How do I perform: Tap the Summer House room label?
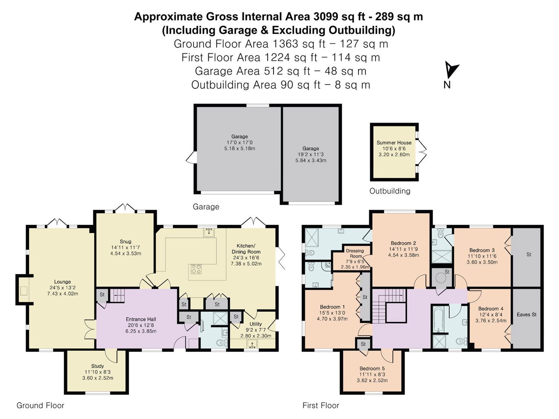[394, 143]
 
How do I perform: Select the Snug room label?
[125, 241]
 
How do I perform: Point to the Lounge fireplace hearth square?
[24, 291]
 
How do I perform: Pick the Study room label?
[98, 366]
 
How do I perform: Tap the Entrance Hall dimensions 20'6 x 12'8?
[141, 325]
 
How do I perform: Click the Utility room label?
[255, 324]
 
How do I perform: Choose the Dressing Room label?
[355, 253]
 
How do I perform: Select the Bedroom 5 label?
[372, 368]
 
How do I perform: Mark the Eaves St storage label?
[527, 314]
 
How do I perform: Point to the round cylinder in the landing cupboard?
[441, 278]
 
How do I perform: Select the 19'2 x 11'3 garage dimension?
[311, 155]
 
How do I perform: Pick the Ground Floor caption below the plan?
[40, 405]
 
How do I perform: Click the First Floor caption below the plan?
[320, 405]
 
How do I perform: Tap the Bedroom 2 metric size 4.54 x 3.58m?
[403, 255]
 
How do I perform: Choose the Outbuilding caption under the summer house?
[390, 191]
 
